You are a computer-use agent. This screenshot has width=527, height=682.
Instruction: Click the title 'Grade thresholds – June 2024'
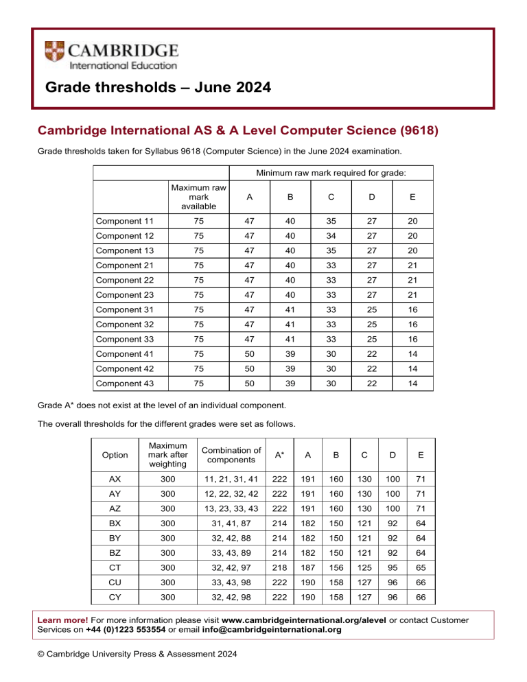pyautogui.click(x=158, y=88)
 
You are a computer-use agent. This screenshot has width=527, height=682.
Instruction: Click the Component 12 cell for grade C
pyautogui.click(x=331, y=237)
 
